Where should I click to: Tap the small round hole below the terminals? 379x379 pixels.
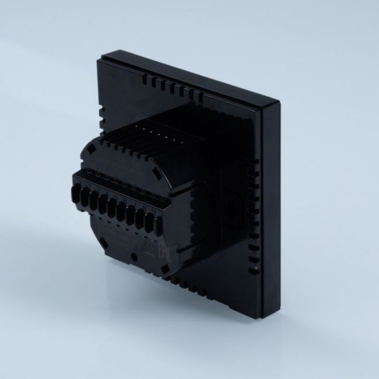pyautogui.click(x=134, y=257)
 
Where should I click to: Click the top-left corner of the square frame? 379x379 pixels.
pyautogui.click(x=103, y=57)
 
